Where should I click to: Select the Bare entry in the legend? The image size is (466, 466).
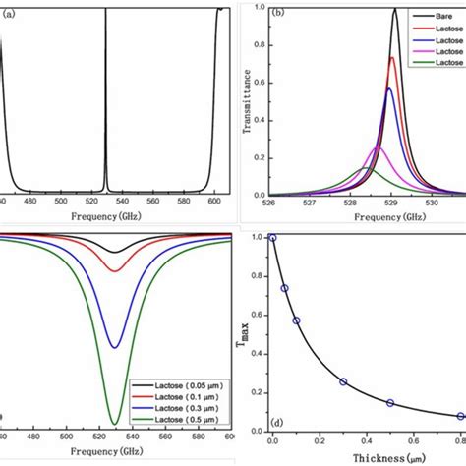(437, 18)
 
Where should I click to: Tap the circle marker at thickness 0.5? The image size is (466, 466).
(390, 403)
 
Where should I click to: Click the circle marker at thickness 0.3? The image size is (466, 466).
(343, 381)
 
